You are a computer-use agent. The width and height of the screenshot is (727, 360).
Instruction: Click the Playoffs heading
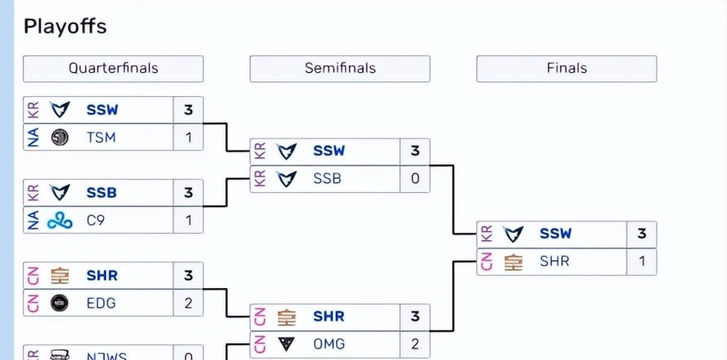click(x=65, y=27)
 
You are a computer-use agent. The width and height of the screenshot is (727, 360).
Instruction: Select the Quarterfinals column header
click(x=113, y=68)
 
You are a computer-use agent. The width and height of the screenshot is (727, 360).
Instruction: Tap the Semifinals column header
click(x=340, y=68)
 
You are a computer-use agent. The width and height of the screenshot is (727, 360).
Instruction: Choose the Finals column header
click(x=566, y=68)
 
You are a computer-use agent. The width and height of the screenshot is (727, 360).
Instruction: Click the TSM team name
click(x=101, y=137)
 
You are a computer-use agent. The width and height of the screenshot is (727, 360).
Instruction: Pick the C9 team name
click(x=95, y=220)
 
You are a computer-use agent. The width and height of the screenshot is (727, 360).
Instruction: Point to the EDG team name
click(x=101, y=303)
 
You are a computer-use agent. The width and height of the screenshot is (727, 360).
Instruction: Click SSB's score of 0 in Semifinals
click(x=415, y=178)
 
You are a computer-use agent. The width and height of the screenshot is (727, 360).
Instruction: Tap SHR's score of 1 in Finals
click(x=641, y=261)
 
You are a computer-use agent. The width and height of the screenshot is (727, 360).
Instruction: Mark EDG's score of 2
click(x=188, y=303)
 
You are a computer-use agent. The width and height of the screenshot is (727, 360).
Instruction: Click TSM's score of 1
click(x=188, y=137)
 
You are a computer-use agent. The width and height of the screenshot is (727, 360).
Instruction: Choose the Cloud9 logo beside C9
click(x=60, y=220)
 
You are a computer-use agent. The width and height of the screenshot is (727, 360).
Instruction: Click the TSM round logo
click(x=60, y=137)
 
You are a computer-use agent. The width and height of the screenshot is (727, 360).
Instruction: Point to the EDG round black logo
click(x=60, y=303)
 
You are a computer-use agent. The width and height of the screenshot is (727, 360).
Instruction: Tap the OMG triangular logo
click(x=287, y=343)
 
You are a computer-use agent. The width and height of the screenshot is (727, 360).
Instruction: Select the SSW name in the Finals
click(x=555, y=234)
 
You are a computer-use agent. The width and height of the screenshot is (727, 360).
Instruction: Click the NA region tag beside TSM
click(x=33, y=137)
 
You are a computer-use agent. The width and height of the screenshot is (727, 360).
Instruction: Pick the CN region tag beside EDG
click(x=33, y=303)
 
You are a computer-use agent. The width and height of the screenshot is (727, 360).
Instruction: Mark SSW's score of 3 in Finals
click(x=641, y=234)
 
